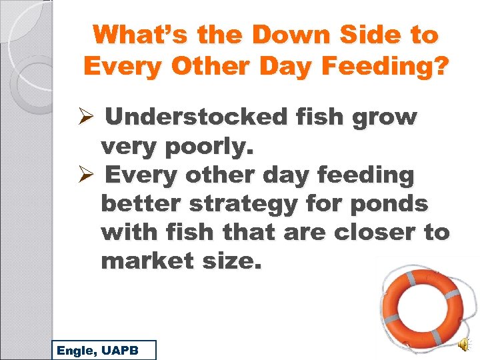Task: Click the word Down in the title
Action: tap(267, 35)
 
